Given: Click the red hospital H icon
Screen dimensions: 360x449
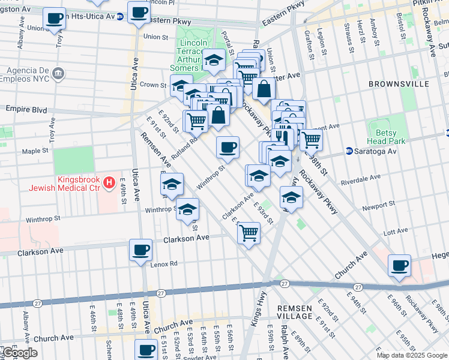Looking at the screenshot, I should (x=109, y=182).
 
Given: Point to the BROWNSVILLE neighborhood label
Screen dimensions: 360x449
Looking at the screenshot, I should (x=399, y=84).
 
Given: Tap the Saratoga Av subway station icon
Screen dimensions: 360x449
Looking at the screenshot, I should (x=349, y=151).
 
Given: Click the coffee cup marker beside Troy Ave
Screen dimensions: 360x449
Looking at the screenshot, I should (x=55, y=19).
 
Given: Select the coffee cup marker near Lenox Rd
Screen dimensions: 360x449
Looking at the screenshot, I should (x=141, y=249).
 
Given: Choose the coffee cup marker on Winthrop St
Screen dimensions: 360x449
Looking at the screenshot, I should (x=228, y=147).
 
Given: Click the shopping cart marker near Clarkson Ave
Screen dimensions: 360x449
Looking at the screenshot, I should (x=249, y=232).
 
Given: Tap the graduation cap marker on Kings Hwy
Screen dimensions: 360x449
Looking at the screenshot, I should (x=291, y=196).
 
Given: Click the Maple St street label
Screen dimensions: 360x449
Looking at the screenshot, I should (x=31, y=151).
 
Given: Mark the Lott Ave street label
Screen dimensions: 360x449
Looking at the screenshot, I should (x=395, y=231).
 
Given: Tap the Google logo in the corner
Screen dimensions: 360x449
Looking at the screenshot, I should (x=19, y=353).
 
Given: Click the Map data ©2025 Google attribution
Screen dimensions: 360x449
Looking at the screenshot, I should (x=411, y=355).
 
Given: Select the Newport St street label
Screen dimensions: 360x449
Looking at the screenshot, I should (x=378, y=206).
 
